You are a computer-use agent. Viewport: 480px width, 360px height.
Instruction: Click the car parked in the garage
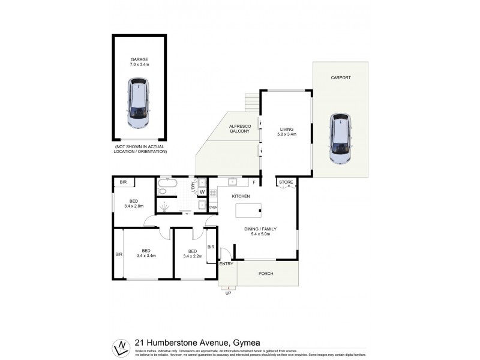click(139, 105)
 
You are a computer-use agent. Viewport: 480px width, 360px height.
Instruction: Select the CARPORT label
click(340, 78)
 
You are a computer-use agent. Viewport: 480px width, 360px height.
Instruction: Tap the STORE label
click(285, 181)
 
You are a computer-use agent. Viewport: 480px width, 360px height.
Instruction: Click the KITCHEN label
click(242, 197)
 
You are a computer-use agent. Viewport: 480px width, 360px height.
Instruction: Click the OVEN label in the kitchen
click(212, 208)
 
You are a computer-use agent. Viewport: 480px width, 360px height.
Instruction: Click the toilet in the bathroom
click(162, 191)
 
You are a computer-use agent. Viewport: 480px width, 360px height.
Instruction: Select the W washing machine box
click(202, 192)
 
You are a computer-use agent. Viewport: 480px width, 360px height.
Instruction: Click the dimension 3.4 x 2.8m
click(135, 206)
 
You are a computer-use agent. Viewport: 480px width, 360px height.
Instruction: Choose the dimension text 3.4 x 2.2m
click(192, 256)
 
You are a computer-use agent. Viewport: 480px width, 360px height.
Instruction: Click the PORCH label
click(266, 274)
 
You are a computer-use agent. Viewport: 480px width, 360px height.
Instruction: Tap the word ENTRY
click(227, 264)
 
